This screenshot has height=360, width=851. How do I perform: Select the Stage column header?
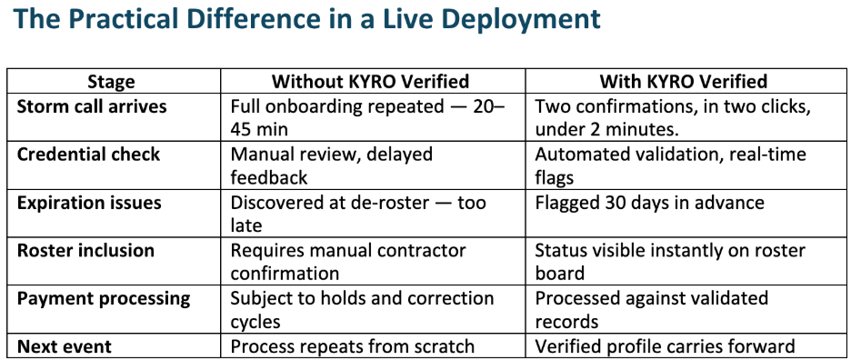click(113, 82)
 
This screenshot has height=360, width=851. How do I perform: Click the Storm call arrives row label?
click(92, 106)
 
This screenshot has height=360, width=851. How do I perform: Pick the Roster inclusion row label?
click(85, 250)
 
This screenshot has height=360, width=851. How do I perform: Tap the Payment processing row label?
click(104, 297)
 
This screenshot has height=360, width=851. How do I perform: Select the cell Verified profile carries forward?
click(665, 345)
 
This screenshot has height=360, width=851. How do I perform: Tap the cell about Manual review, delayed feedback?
click(331, 165)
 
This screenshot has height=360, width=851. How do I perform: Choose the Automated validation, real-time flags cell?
click(670, 165)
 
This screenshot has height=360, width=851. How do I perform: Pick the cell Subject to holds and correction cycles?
click(362, 308)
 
